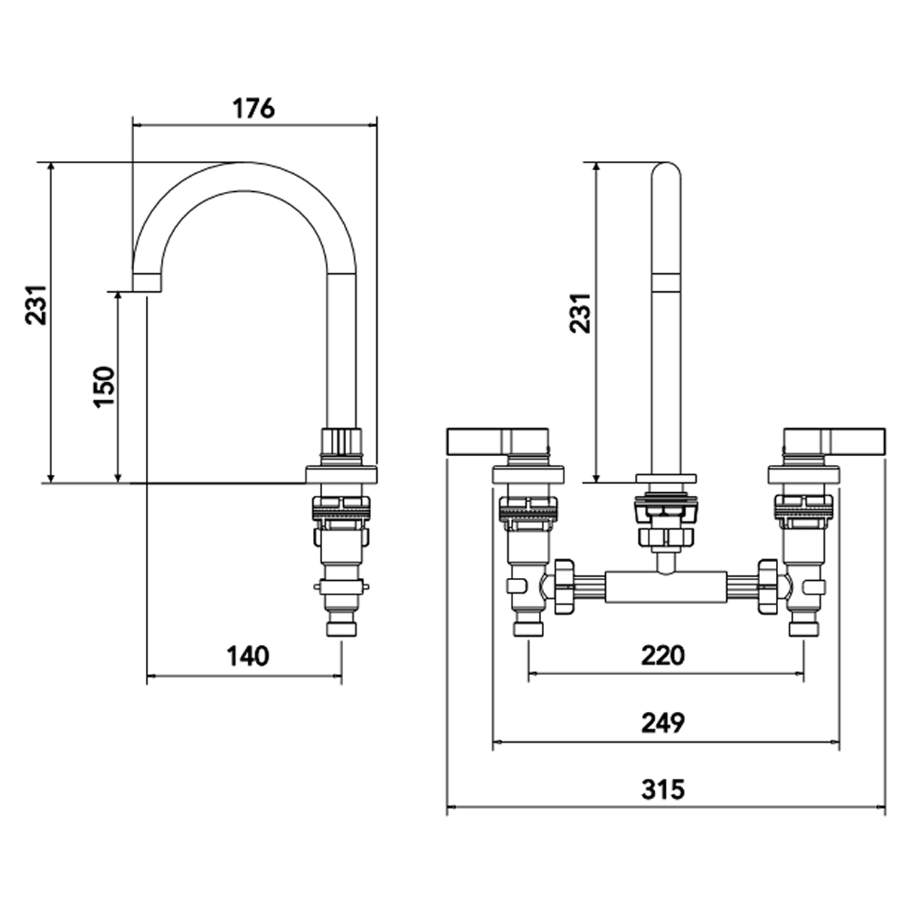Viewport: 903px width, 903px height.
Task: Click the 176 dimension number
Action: tap(252, 108)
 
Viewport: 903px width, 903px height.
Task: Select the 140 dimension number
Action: tap(247, 655)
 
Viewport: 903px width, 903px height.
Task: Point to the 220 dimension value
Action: tap(663, 655)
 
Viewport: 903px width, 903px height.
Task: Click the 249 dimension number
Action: tap(663, 723)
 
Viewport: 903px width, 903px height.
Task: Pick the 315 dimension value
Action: tap(663, 790)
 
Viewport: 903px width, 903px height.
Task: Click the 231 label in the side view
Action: tap(38, 304)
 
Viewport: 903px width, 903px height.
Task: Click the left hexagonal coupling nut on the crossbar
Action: tap(563, 586)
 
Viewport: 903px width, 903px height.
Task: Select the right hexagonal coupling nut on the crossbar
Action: tap(769, 586)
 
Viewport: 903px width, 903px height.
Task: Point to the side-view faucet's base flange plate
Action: tap(341, 475)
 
